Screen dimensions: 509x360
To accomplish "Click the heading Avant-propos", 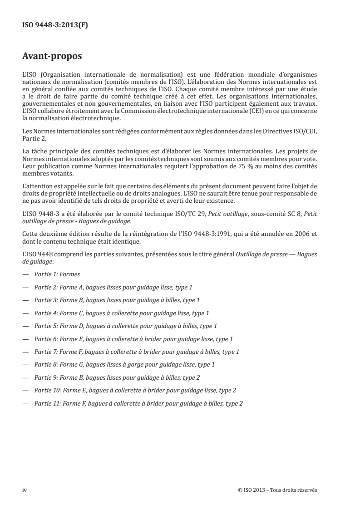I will tap(52, 58).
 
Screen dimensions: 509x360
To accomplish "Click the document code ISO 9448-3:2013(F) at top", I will tap(55, 25).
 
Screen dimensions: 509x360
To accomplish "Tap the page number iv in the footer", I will tap(25, 490).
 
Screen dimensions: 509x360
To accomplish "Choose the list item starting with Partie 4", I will tap(122, 313).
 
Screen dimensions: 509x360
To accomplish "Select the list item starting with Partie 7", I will tap(137, 351).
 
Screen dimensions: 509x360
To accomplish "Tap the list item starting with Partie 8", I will tap(124, 364).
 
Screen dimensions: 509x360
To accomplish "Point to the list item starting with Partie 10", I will tap(135, 390).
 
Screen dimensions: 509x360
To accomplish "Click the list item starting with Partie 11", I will tap(138, 403).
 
